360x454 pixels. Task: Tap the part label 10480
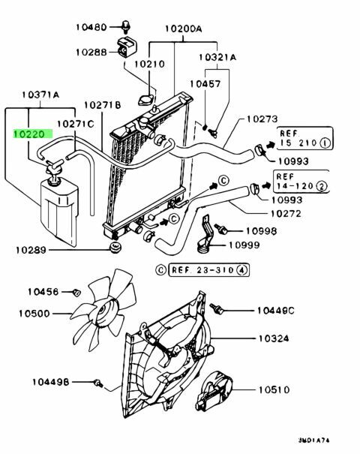[x=91, y=27]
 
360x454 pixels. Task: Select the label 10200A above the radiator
[x=184, y=29]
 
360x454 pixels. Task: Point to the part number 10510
[x=274, y=389]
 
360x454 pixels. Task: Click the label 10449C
[x=275, y=311]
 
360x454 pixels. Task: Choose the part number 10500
[x=34, y=313]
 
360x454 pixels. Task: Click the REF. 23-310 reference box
[x=208, y=270]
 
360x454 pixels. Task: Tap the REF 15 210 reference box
[x=305, y=138]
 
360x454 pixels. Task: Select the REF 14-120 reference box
[x=301, y=182]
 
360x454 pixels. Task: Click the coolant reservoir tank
[x=59, y=212]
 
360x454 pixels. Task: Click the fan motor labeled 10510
[x=214, y=391]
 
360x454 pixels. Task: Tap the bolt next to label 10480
[x=126, y=26]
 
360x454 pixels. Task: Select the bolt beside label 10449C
[x=216, y=308]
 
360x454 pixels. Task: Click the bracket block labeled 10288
[x=127, y=47]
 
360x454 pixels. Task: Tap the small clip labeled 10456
[x=76, y=293]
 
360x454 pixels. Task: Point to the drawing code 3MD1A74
[x=313, y=440]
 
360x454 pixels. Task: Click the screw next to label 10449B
[x=98, y=383]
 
